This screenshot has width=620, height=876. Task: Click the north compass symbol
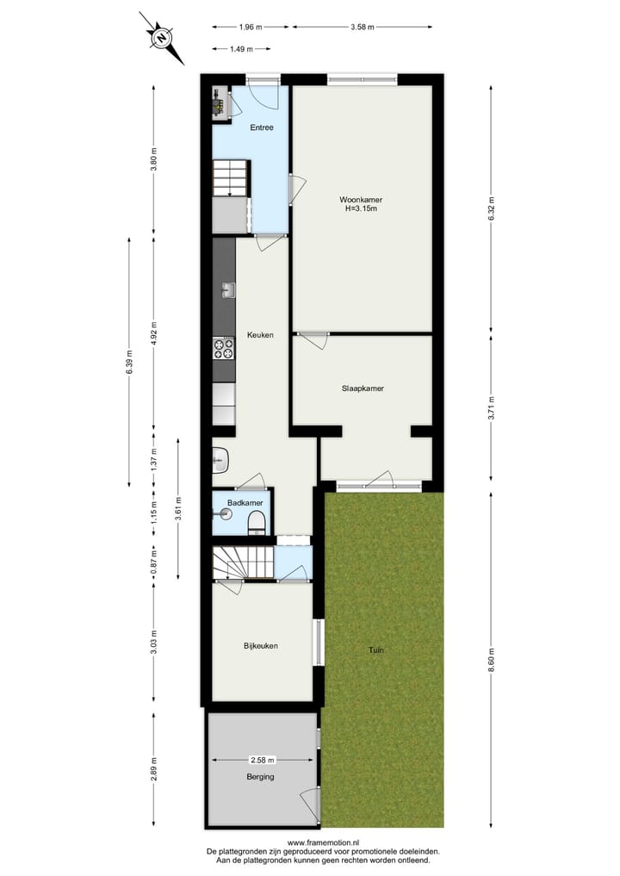pyautogui.click(x=161, y=38)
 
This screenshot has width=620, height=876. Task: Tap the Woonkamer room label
pyautogui.click(x=361, y=199)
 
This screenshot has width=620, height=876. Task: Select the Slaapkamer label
pyautogui.click(x=362, y=388)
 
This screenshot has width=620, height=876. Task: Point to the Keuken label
pyautogui.click(x=259, y=335)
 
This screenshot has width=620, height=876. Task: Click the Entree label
pyautogui.click(x=262, y=128)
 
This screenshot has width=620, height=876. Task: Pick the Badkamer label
pyautogui.click(x=245, y=503)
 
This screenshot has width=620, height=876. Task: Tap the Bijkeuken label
pyautogui.click(x=260, y=645)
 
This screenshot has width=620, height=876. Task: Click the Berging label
pyautogui.click(x=258, y=777)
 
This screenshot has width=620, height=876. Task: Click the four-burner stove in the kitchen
pyautogui.click(x=224, y=348)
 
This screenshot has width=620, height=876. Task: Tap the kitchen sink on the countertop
pyautogui.click(x=227, y=290)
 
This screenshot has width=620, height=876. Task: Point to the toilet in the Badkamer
pyautogui.click(x=256, y=522)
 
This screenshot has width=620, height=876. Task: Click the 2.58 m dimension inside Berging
pyautogui.click(x=262, y=761)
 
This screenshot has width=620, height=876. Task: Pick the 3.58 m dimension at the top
pyautogui.click(x=363, y=27)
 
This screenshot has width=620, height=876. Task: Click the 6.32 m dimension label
pyautogui.click(x=491, y=212)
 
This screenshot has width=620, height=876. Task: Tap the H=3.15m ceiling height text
pyautogui.click(x=361, y=208)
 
